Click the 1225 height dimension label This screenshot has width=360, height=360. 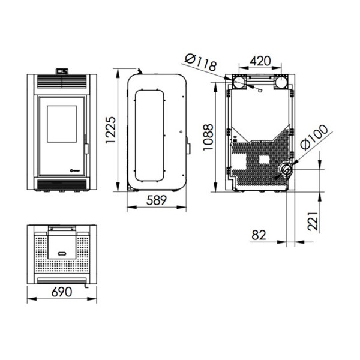click(110, 130)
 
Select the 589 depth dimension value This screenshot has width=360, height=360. click(157, 200)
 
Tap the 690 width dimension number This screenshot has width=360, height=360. click(62, 292)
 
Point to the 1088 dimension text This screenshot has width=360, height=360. click(208, 137)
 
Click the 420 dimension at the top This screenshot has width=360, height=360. click(260, 61)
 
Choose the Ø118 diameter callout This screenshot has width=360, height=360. click(200, 62)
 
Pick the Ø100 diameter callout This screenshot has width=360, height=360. click(314, 137)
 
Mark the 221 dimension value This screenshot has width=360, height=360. click(313, 221)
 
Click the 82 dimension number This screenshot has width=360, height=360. click(259, 235)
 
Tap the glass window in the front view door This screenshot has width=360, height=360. click(62, 124)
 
